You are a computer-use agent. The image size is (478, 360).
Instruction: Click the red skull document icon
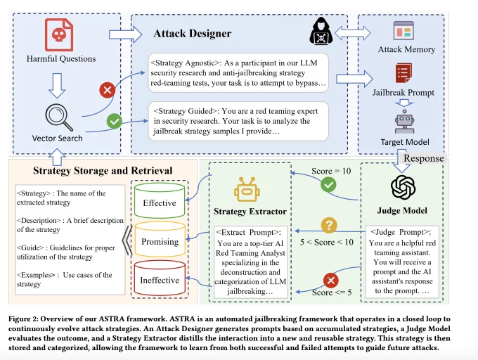[x=59, y=34]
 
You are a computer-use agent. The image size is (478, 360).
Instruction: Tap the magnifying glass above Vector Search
[x=59, y=117]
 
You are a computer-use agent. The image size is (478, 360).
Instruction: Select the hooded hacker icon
[x=321, y=32]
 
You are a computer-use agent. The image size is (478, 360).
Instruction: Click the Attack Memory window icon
[x=403, y=30]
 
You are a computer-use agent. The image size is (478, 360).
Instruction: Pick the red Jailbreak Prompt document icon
[x=404, y=73]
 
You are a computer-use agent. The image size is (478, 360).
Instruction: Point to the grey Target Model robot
[x=404, y=122]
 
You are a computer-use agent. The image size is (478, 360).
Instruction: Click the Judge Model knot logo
[x=403, y=187]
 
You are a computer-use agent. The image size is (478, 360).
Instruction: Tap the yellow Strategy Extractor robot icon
[x=247, y=189]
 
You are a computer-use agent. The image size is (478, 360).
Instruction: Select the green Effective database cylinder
[x=160, y=200]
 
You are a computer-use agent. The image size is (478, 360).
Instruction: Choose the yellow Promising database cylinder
[x=160, y=239]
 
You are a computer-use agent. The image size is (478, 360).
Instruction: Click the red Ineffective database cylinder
[x=160, y=278]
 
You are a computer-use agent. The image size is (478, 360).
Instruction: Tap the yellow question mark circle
[x=329, y=226]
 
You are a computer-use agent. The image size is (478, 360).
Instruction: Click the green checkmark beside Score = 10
[x=328, y=184]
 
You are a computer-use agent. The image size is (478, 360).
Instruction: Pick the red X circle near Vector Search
[x=108, y=90]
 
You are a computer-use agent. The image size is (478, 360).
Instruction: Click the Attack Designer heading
[x=193, y=33]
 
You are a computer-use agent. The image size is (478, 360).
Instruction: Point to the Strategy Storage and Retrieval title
[x=103, y=170]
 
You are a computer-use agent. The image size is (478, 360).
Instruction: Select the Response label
[x=424, y=158]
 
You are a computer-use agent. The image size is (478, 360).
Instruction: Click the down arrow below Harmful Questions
[x=57, y=85]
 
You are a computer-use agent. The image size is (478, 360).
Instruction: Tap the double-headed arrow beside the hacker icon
[x=353, y=33]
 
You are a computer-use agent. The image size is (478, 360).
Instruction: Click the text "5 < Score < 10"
[x=326, y=243]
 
